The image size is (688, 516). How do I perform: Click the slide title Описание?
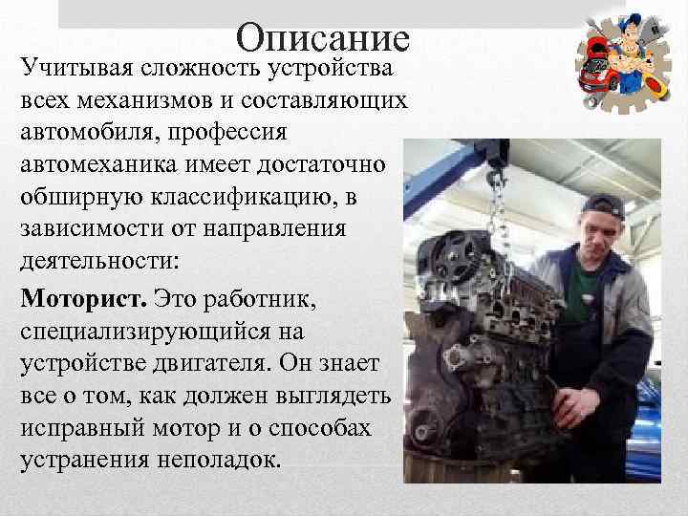324,39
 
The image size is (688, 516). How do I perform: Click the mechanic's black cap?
603,205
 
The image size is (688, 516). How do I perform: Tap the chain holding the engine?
498,201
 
